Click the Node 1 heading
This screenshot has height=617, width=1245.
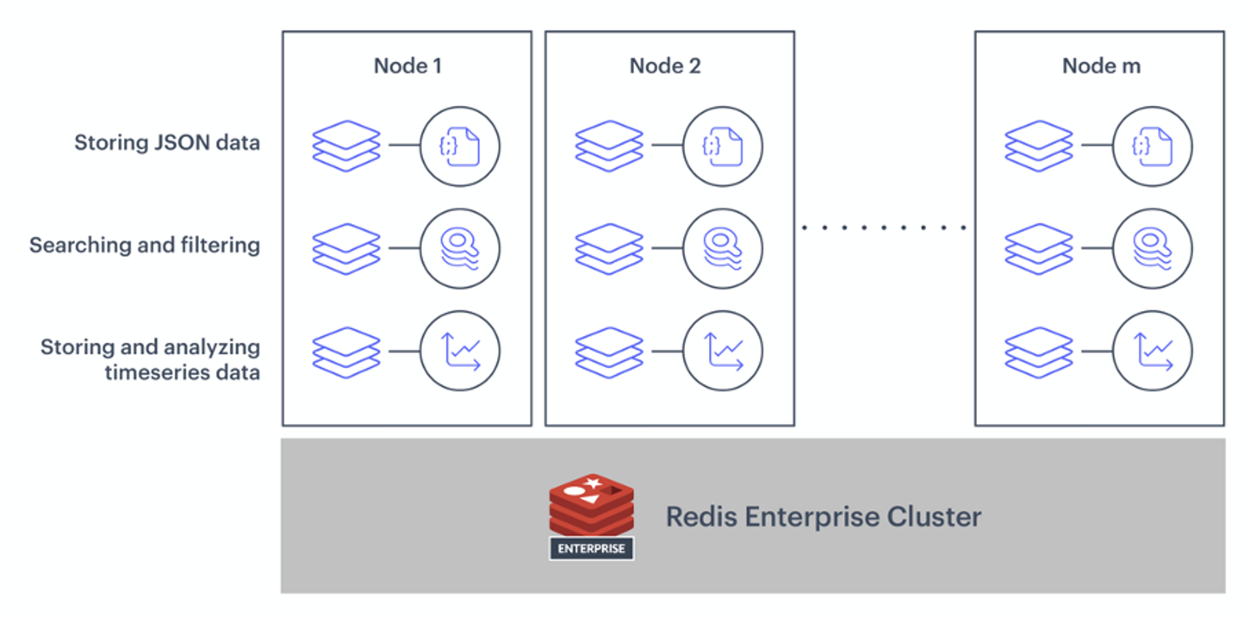[x=408, y=66]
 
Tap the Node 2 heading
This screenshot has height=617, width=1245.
[x=665, y=66]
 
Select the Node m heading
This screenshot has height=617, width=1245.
[x=1101, y=66]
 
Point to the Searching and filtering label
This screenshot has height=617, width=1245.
[x=145, y=245]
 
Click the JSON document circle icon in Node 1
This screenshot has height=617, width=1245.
[x=460, y=147]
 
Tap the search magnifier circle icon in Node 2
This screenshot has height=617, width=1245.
[x=723, y=249]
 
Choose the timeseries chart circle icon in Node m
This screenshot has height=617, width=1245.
[x=1152, y=351]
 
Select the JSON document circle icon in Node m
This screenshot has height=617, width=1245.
[x=1152, y=147]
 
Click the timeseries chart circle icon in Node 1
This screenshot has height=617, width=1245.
[x=460, y=351]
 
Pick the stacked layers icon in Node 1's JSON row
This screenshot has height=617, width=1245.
[x=346, y=146]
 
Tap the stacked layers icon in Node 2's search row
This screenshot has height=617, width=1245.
[x=609, y=249]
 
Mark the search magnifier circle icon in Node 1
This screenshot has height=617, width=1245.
[x=460, y=249]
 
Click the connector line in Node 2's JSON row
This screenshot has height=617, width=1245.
[x=667, y=145]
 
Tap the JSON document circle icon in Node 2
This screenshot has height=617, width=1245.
[x=723, y=147]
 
